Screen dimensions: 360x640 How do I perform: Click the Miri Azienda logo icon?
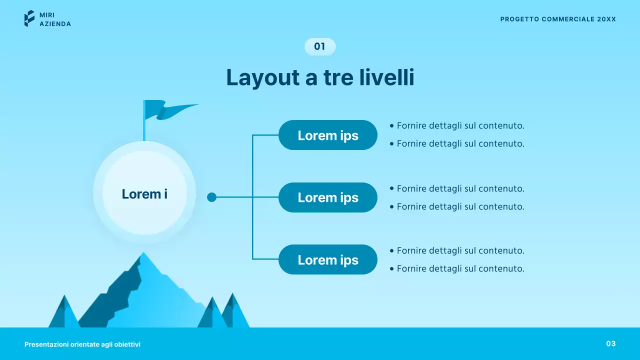pyautogui.click(x=29, y=18)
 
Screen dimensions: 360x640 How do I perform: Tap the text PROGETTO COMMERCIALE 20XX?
pyautogui.click(x=558, y=19)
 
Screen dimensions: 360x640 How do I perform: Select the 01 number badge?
pyautogui.click(x=320, y=46)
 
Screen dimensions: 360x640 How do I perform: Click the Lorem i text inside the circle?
pyautogui.click(x=144, y=194)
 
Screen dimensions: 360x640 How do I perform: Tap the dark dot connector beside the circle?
pyautogui.click(x=211, y=197)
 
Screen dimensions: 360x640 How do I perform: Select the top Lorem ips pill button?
pyautogui.click(x=327, y=135)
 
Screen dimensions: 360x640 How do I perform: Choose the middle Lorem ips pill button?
pyautogui.click(x=327, y=197)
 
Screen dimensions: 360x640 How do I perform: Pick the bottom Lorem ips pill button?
pyautogui.click(x=327, y=259)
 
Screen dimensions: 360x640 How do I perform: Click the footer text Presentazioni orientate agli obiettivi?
pyautogui.click(x=82, y=344)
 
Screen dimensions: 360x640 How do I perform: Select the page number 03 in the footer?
pyautogui.click(x=611, y=343)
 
